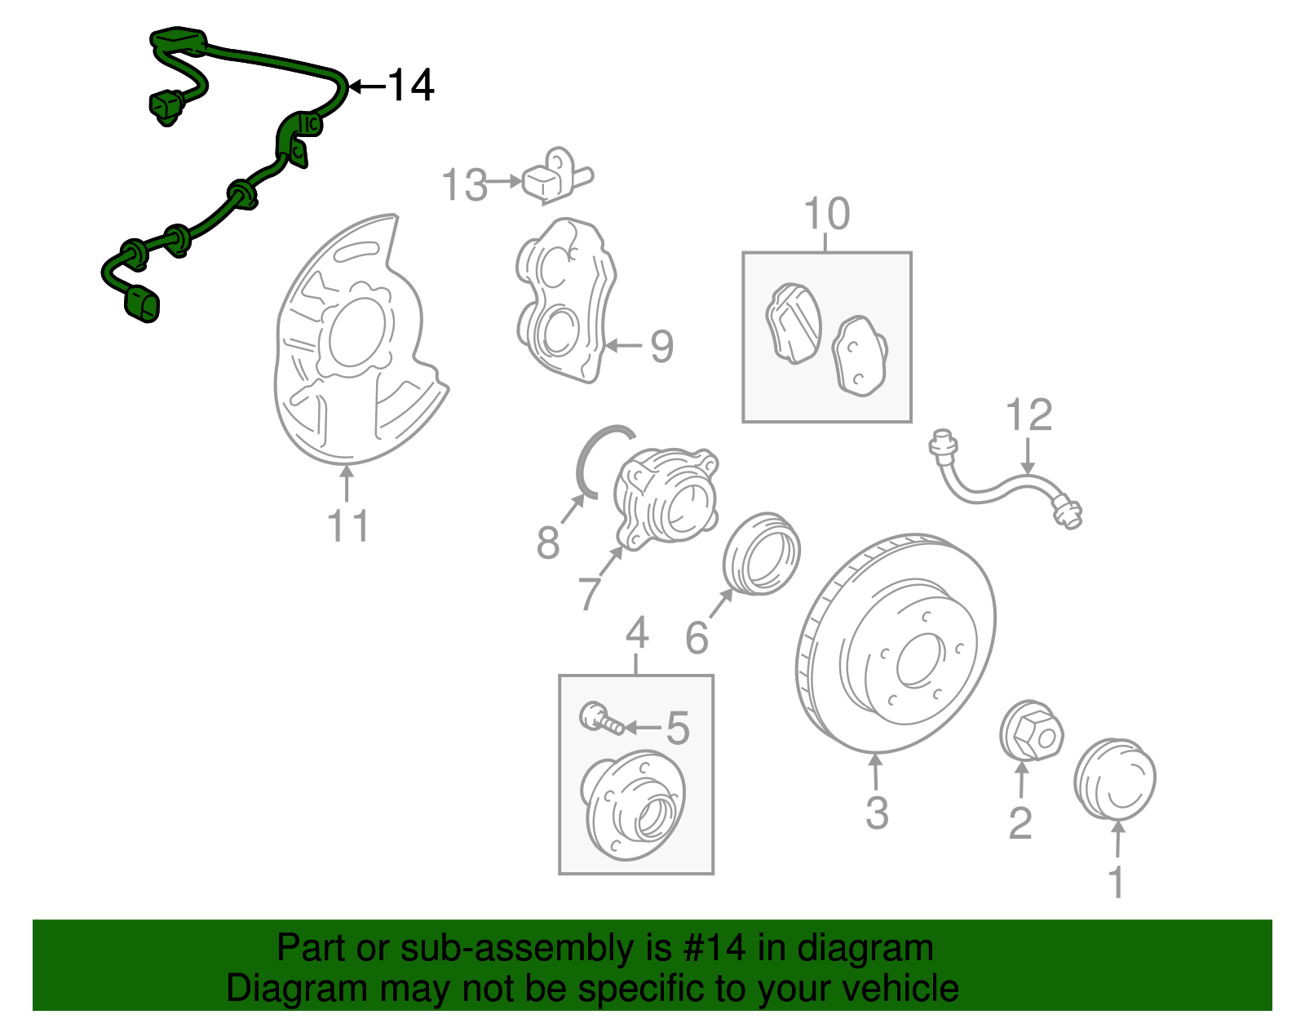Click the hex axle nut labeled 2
point(1031,730)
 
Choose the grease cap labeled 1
point(1114,779)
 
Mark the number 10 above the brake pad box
point(826,214)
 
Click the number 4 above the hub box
point(637,633)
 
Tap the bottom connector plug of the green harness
point(142,303)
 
